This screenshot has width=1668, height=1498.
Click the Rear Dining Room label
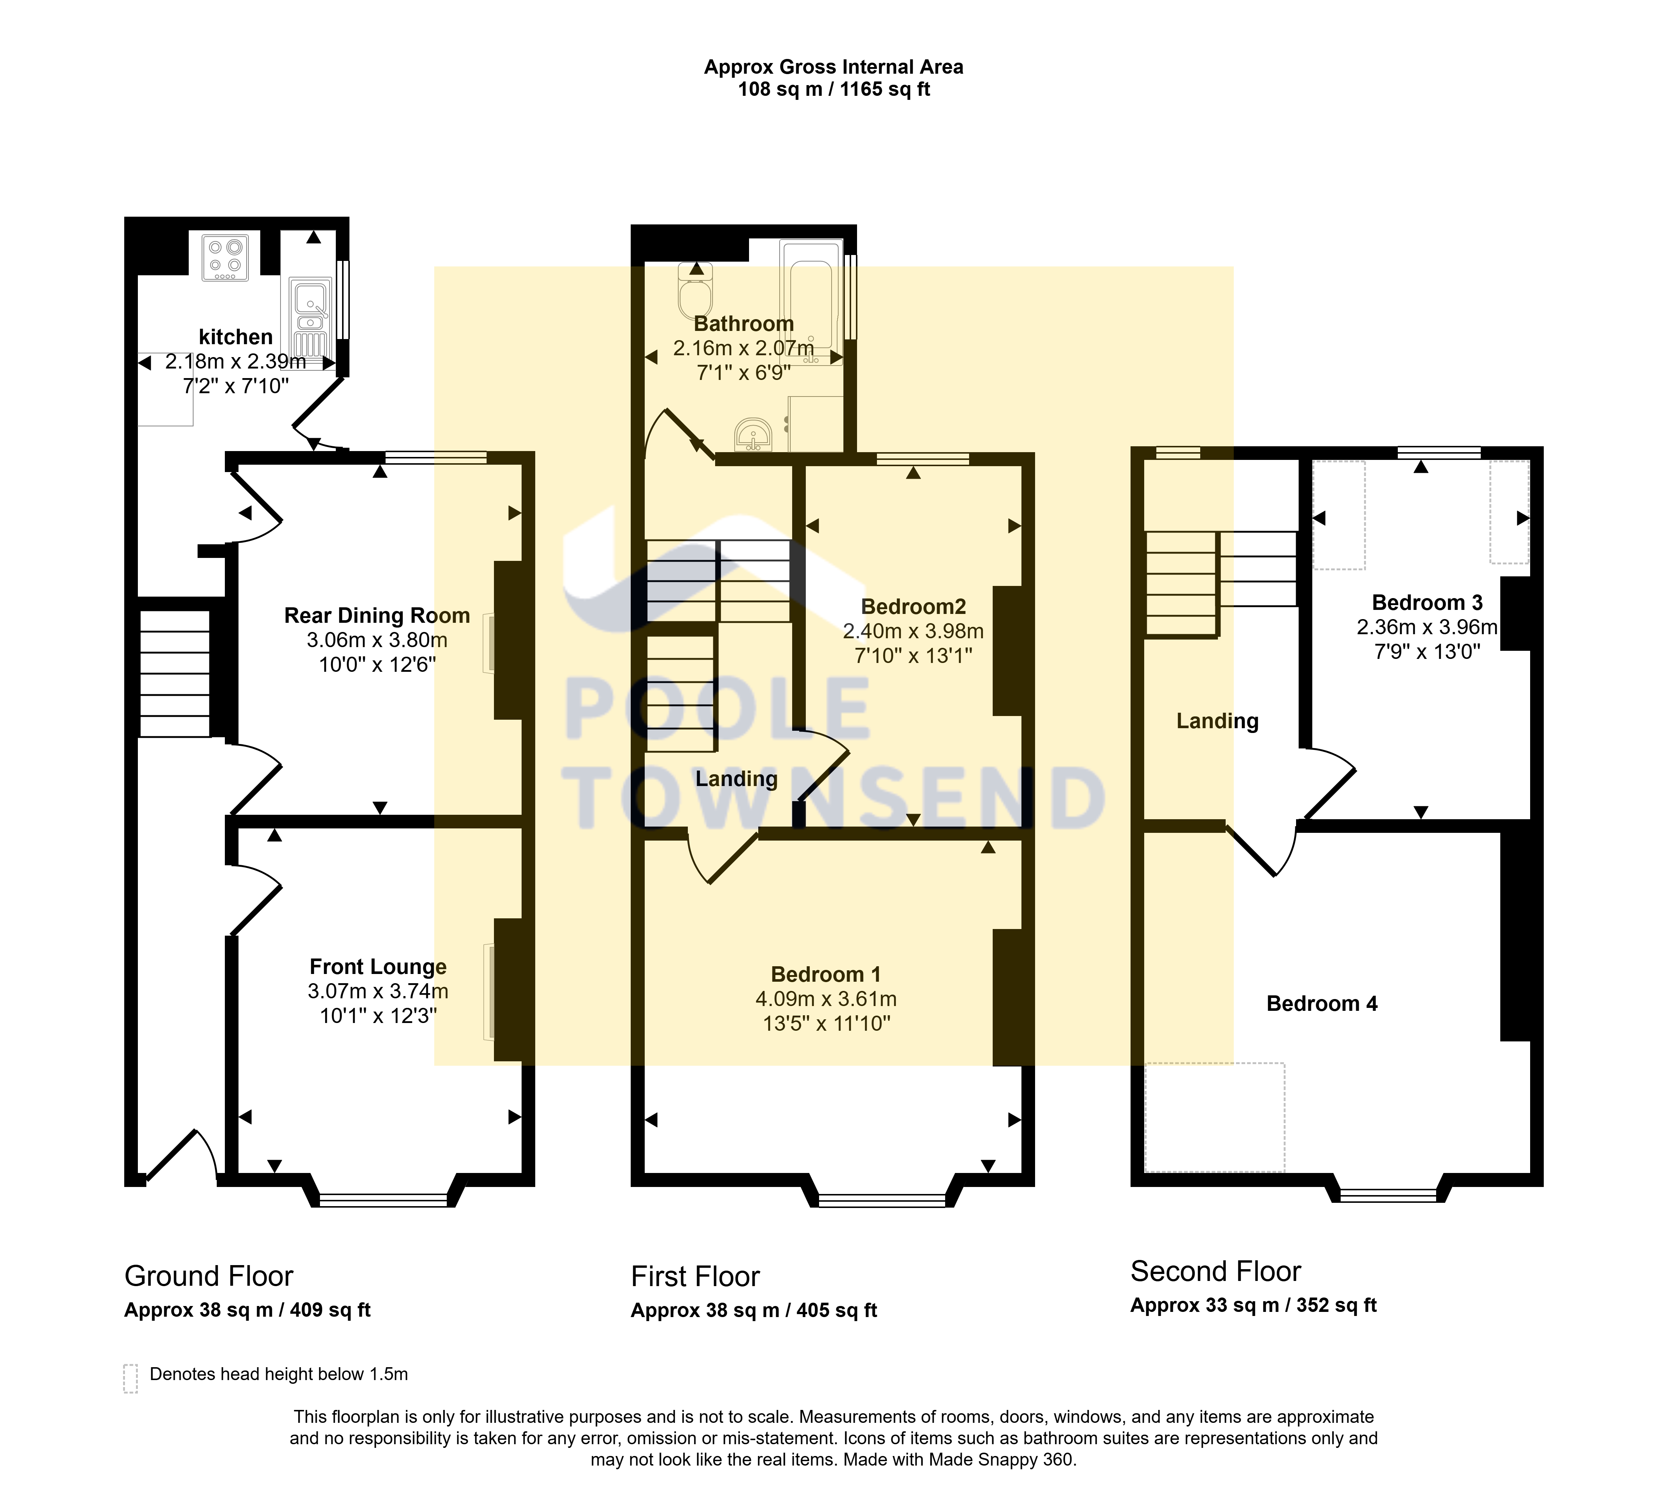click(x=377, y=616)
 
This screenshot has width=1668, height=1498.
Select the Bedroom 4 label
click(x=1321, y=1003)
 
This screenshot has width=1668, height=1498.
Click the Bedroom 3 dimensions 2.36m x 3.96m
click(x=1427, y=627)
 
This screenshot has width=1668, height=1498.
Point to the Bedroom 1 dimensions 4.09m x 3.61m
click(x=826, y=999)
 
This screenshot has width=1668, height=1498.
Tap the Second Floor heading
click(x=1215, y=1271)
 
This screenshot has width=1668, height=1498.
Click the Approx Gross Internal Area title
click(x=833, y=67)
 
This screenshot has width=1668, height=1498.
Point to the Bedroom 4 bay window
click(x=1388, y=1194)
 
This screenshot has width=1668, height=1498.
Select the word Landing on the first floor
click(x=736, y=779)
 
